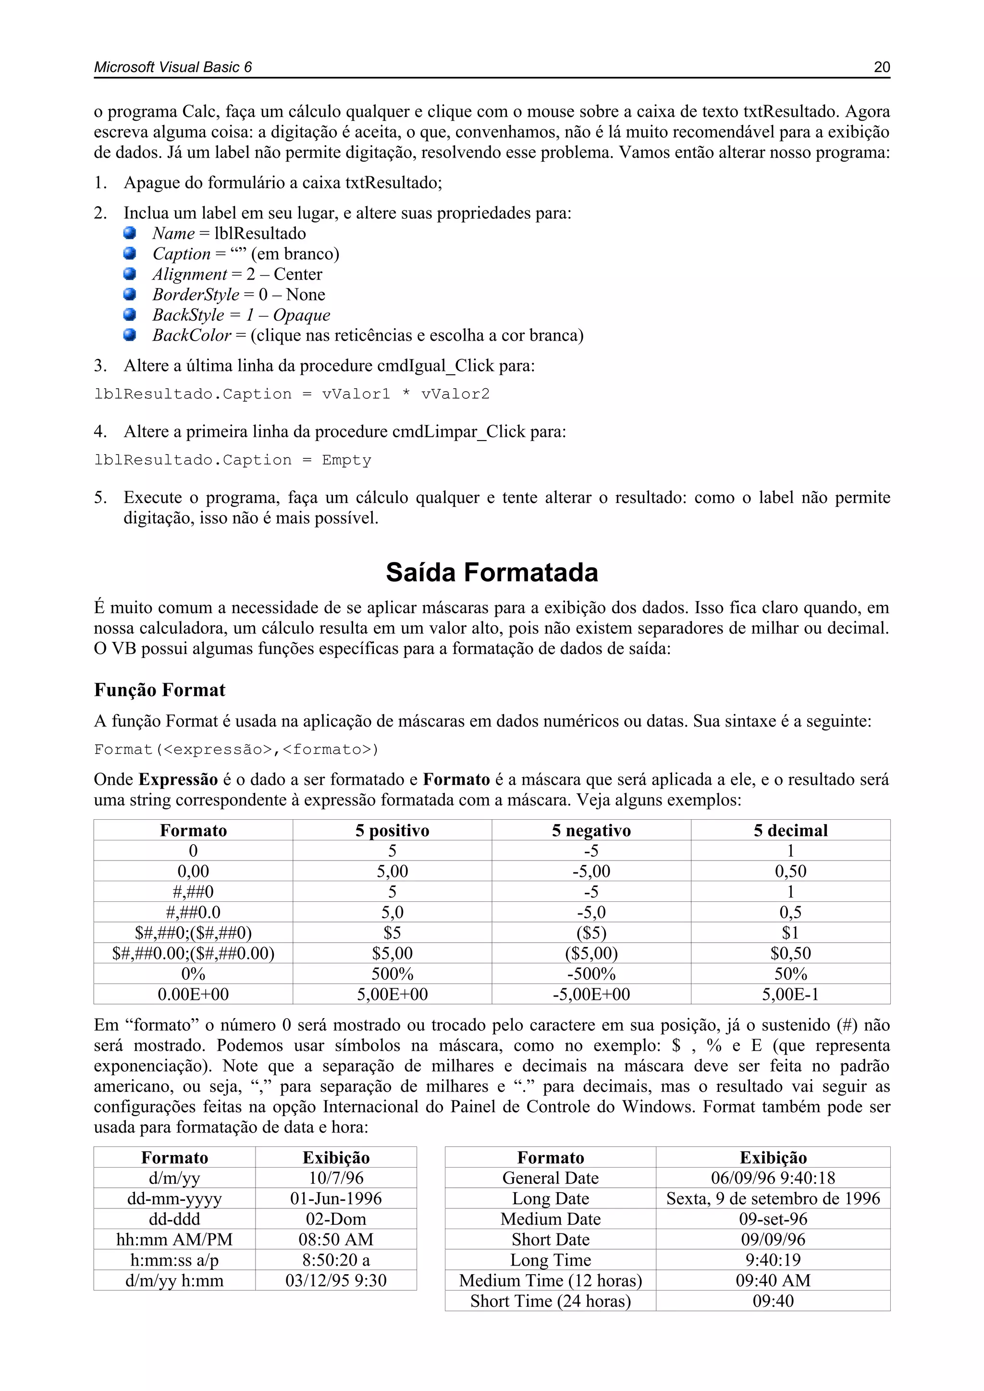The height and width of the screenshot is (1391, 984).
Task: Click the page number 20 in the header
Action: (882, 67)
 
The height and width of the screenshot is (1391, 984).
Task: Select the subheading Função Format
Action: (160, 689)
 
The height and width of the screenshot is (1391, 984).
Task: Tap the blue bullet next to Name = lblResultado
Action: (130, 233)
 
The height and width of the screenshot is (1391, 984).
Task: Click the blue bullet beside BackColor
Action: (130, 334)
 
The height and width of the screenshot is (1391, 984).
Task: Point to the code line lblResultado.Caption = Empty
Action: (233, 460)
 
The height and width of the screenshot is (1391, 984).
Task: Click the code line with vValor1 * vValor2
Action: (292, 394)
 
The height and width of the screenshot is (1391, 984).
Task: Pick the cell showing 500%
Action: (392, 973)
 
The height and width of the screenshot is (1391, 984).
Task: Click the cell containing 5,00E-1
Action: (790, 994)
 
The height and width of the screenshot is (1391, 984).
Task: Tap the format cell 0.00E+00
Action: (193, 994)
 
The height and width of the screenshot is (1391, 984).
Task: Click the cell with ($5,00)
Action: (591, 953)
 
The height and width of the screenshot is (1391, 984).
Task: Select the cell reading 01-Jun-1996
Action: (336, 1198)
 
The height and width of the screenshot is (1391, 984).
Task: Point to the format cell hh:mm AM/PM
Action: (174, 1240)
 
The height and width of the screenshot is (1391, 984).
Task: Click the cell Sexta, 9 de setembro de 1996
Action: (773, 1198)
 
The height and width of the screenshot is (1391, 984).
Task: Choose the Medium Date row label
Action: (550, 1219)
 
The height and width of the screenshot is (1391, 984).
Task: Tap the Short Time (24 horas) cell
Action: (550, 1301)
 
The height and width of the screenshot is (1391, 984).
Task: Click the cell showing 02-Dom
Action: (336, 1219)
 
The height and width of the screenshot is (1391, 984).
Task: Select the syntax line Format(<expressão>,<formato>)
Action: (236, 750)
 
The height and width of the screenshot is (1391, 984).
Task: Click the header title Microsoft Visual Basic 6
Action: (172, 67)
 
